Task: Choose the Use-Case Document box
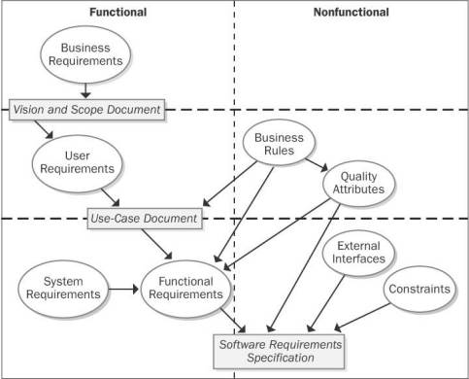coord(146,218)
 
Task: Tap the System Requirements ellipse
coord(61,290)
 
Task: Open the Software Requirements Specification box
coord(279,350)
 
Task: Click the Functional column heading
coord(117,14)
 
